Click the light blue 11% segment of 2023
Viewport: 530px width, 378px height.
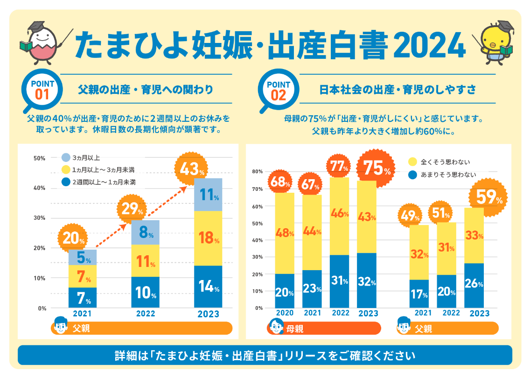[208, 195]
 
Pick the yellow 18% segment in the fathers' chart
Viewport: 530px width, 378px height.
[208, 238]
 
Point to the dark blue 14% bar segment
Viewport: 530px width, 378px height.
[208, 287]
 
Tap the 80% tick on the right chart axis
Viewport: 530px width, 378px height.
[258, 171]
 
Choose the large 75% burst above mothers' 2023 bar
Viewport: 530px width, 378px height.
[374, 168]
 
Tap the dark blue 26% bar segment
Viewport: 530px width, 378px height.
[474, 285]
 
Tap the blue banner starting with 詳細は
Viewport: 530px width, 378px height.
[265, 356]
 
